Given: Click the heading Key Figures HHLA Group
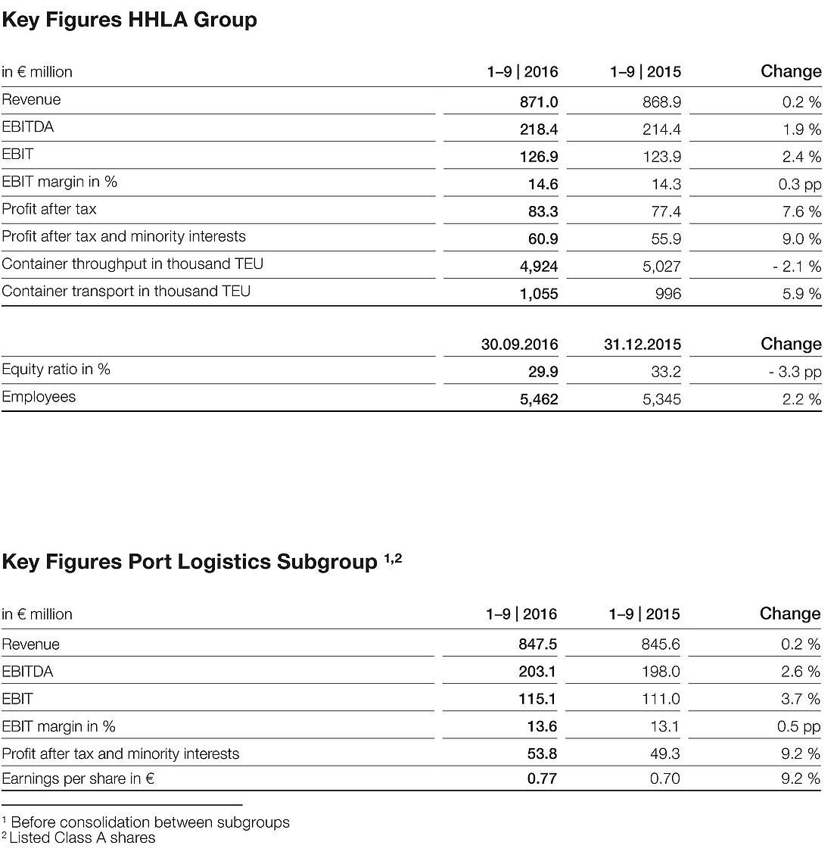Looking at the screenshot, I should point(129,20).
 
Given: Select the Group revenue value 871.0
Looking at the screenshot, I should point(538,101).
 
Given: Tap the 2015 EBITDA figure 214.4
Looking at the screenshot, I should point(661,129).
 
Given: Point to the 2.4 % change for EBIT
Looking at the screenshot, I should point(801,157).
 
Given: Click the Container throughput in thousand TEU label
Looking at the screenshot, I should point(132,264).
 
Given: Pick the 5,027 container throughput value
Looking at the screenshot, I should point(661,267).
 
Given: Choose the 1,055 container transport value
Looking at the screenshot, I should point(538,294).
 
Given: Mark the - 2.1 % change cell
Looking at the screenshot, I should point(797,267).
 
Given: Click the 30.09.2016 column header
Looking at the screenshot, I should point(519,345).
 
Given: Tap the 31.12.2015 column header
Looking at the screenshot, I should point(642,345).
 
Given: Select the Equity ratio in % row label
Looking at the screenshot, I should point(56,370).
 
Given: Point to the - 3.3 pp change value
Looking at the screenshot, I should point(800,372).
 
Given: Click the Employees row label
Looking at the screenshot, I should point(39,397).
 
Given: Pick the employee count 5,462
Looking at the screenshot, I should point(538,399).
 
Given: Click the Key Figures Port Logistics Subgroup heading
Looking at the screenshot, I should point(189,562).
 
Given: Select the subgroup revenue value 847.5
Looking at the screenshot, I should point(537,644).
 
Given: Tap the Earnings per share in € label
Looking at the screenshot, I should point(78,778).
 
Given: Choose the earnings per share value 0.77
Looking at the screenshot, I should point(542,778).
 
